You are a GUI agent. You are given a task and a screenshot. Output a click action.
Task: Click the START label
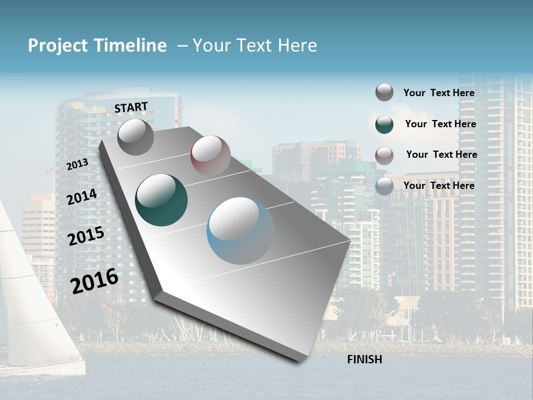[131, 107]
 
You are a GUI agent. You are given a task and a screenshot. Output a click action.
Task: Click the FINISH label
[364, 359]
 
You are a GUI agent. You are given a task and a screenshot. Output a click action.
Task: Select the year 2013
[77, 164]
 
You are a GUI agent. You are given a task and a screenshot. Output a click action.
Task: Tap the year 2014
[82, 197]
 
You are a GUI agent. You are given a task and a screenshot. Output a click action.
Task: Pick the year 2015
[86, 236]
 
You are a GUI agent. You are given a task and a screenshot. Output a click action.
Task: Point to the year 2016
[94, 281]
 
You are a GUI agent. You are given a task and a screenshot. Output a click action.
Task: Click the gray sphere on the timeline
[135, 137]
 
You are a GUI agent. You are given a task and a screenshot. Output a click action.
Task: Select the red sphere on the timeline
[210, 156]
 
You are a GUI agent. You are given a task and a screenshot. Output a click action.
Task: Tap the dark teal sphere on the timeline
[161, 200]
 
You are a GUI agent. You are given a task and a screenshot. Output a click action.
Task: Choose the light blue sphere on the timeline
[240, 231]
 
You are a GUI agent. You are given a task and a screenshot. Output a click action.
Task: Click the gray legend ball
[384, 92]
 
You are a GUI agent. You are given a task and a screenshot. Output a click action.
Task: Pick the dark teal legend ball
[384, 124]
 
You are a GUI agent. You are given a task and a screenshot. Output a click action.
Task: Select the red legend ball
[384, 155]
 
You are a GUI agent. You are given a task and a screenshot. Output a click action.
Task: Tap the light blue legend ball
[384, 186]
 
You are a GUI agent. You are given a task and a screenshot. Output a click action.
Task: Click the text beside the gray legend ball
[439, 93]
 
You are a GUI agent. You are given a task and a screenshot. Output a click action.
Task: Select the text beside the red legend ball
[441, 154]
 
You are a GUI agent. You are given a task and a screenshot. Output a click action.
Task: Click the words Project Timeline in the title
[97, 46]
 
